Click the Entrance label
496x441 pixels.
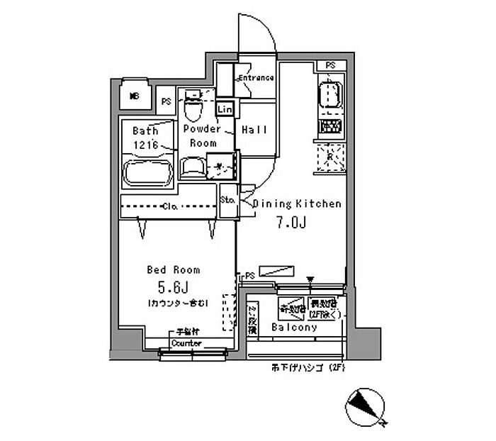256,77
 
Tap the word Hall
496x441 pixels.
254,130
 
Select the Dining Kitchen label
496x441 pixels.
298,203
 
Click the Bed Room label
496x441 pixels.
173,269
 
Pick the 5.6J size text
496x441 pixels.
172,287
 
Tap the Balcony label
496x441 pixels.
293,328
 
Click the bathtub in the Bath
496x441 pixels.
147,172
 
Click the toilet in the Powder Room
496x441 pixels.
192,109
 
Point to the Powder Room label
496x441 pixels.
202,135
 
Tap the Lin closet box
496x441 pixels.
225,110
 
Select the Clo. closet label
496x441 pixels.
169,207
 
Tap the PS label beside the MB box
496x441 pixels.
166,101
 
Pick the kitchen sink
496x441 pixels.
329,94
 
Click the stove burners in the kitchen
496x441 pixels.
329,127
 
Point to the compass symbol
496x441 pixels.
366,408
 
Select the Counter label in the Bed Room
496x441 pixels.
186,343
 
